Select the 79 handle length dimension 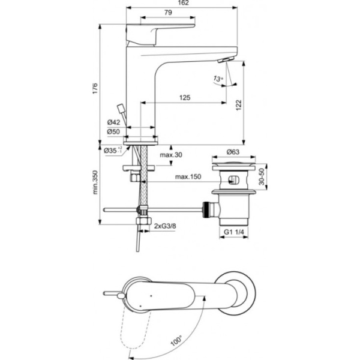coord(168,13)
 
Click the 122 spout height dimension coord(238,104)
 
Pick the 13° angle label coord(217,79)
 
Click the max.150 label coord(187,177)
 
